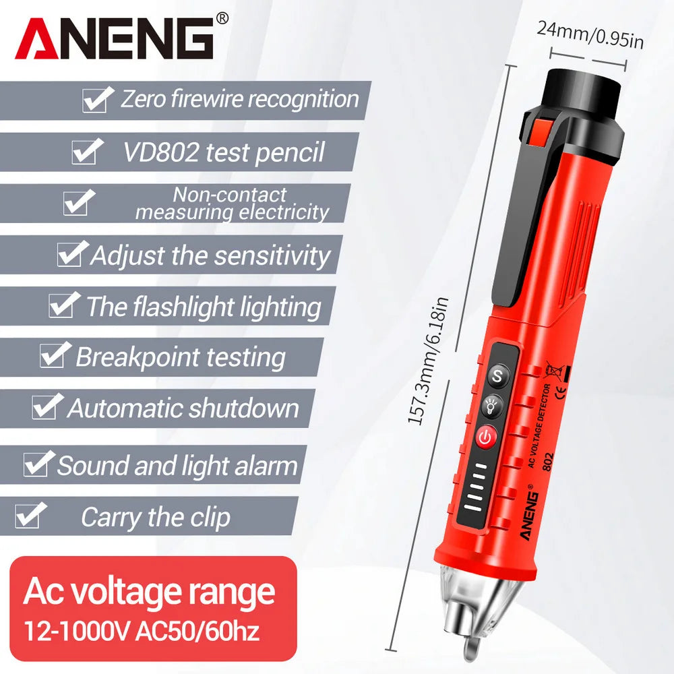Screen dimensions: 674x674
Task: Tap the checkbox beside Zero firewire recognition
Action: tap(98, 99)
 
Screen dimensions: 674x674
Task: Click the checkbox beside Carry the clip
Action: tap(30, 514)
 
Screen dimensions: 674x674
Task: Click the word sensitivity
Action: tap(272, 255)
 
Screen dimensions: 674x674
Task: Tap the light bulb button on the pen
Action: tap(491, 406)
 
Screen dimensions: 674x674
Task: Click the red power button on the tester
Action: tap(485, 437)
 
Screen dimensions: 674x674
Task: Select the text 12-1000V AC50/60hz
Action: tap(142, 631)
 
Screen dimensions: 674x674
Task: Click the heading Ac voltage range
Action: tap(149, 592)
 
